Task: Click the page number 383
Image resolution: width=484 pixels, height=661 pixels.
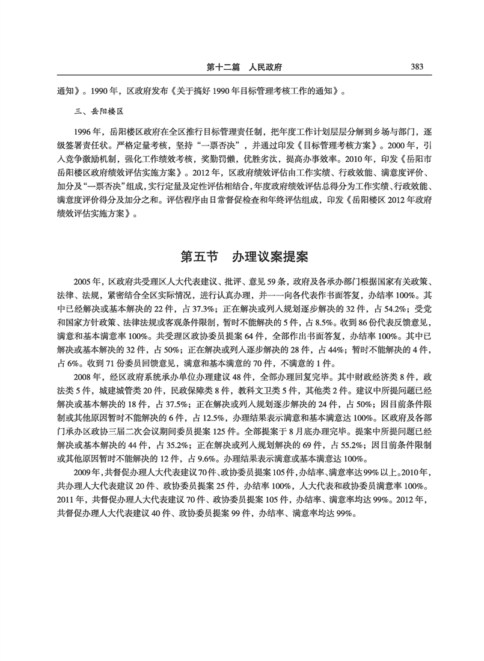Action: [x=417, y=67]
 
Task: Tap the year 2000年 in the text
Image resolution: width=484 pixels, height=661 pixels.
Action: [x=406, y=146]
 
